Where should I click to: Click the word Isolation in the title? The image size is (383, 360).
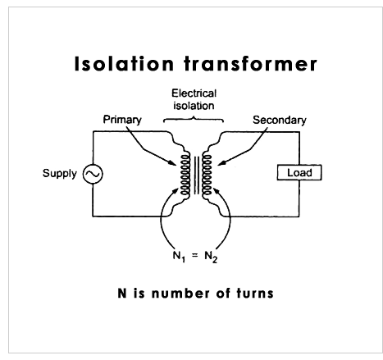click(x=124, y=64)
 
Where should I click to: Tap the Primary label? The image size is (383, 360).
click(x=122, y=120)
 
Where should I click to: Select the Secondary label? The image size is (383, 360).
click(x=280, y=120)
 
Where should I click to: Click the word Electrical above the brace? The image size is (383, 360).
click(x=194, y=93)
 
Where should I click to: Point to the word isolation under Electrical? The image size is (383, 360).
click(x=194, y=106)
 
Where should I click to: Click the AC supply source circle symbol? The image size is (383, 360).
click(x=93, y=174)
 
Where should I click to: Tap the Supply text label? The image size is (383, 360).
click(x=60, y=173)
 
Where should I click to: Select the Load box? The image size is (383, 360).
click(x=299, y=172)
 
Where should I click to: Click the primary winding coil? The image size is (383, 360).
click(x=185, y=175)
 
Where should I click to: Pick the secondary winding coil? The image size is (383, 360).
click(x=207, y=175)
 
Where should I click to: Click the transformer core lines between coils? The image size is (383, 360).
click(x=196, y=175)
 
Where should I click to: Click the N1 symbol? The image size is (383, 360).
click(x=179, y=256)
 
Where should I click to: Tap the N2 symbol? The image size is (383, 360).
click(x=211, y=257)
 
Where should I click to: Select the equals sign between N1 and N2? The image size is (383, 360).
click(x=194, y=256)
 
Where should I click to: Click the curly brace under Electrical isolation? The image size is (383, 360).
click(x=194, y=119)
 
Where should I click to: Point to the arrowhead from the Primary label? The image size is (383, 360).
click(x=173, y=163)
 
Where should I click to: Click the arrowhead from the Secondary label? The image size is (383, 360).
click(x=221, y=163)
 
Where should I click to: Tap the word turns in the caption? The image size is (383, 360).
click(x=255, y=293)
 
